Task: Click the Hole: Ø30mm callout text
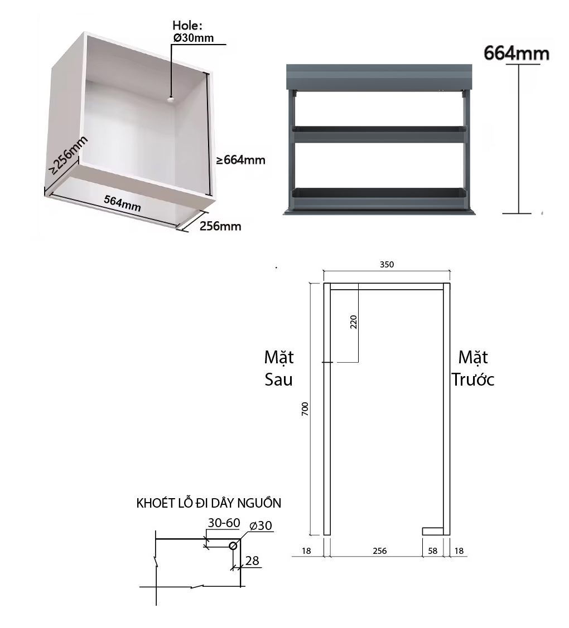click(190, 31)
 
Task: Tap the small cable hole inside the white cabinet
click(169, 99)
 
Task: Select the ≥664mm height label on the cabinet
click(240, 160)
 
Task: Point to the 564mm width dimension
click(123, 203)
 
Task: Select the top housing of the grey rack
click(379, 77)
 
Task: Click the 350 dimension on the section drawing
click(387, 265)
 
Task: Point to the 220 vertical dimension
click(353, 322)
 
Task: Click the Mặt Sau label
click(279, 368)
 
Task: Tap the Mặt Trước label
click(473, 368)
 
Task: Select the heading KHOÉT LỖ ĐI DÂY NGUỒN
click(209, 503)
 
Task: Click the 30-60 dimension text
click(224, 523)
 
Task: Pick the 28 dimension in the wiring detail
click(252, 561)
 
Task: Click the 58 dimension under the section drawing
click(432, 551)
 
